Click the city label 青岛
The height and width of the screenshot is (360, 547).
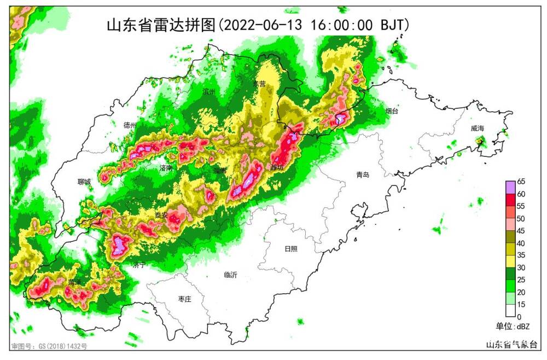[x=363, y=175]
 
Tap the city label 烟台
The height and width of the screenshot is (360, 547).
[x=392, y=112]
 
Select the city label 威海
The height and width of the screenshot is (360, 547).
[x=478, y=129]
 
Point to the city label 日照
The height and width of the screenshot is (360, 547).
[x=292, y=249]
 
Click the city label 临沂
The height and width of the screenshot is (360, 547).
[x=231, y=275]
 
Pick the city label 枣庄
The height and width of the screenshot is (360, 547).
[x=185, y=299]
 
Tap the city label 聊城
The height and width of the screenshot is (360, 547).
[x=84, y=182]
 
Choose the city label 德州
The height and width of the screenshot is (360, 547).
[x=130, y=125]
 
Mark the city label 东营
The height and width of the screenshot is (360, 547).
[x=259, y=84]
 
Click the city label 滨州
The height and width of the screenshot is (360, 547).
[x=209, y=91]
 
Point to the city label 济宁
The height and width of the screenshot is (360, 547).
[x=139, y=265]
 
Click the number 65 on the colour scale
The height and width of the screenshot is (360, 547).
[x=521, y=182]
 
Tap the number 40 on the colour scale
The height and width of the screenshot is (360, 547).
[x=521, y=243]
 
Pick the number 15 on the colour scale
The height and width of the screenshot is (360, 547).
[x=521, y=305]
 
